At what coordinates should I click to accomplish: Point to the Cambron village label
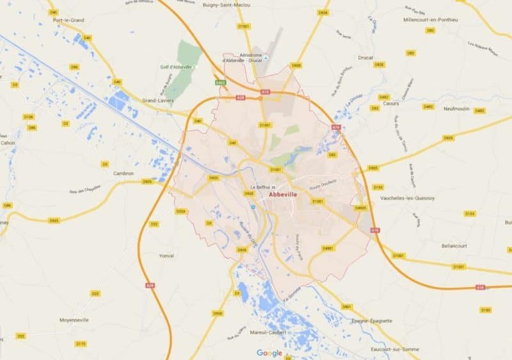point(123,173)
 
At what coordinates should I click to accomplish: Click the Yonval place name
point(166,255)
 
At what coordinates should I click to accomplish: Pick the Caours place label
point(390,103)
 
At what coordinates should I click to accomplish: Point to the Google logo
point(269,352)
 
